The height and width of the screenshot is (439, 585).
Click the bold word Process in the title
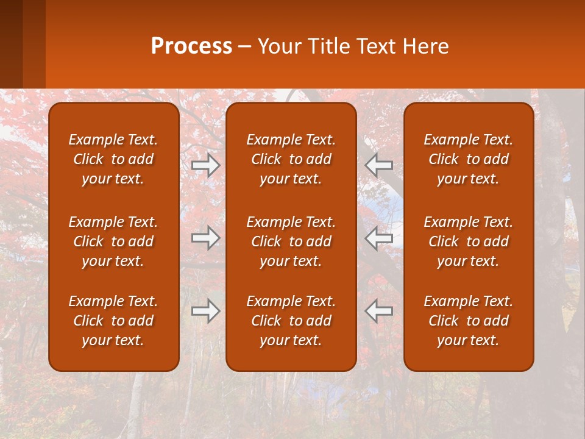click(191, 46)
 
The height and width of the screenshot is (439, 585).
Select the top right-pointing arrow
click(206, 165)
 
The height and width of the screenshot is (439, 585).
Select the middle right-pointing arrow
click(206, 238)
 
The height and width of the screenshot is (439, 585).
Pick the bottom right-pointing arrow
click(206, 311)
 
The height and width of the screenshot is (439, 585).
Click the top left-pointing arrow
click(379, 165)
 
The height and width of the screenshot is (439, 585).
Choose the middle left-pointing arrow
click(379, 238)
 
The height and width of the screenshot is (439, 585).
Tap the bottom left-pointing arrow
click(379, 311)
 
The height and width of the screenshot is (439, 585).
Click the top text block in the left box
click(113, 159)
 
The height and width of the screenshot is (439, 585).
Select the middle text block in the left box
click(113, 241)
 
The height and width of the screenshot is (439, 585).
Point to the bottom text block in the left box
click(113, 321)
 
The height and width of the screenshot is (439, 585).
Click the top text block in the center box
click(291, 159)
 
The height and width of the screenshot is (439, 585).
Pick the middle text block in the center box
click(291, 241)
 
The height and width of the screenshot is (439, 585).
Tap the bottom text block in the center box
click(291, 321)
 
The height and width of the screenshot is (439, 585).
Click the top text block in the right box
click(468, 159)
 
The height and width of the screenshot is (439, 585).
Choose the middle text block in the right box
click(468, 241)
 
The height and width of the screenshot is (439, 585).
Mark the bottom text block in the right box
click(468, 321)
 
